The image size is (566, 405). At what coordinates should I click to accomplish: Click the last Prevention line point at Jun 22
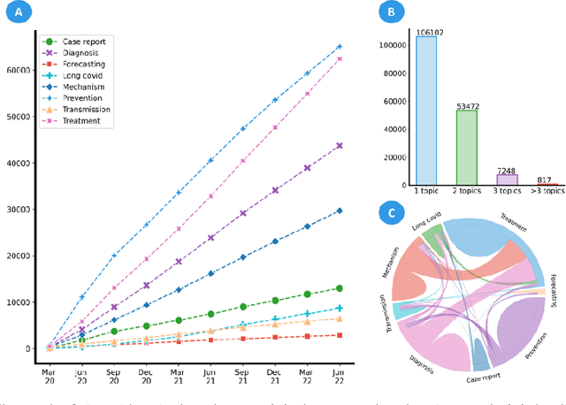339,46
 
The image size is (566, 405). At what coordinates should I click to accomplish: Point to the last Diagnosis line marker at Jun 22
339,146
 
